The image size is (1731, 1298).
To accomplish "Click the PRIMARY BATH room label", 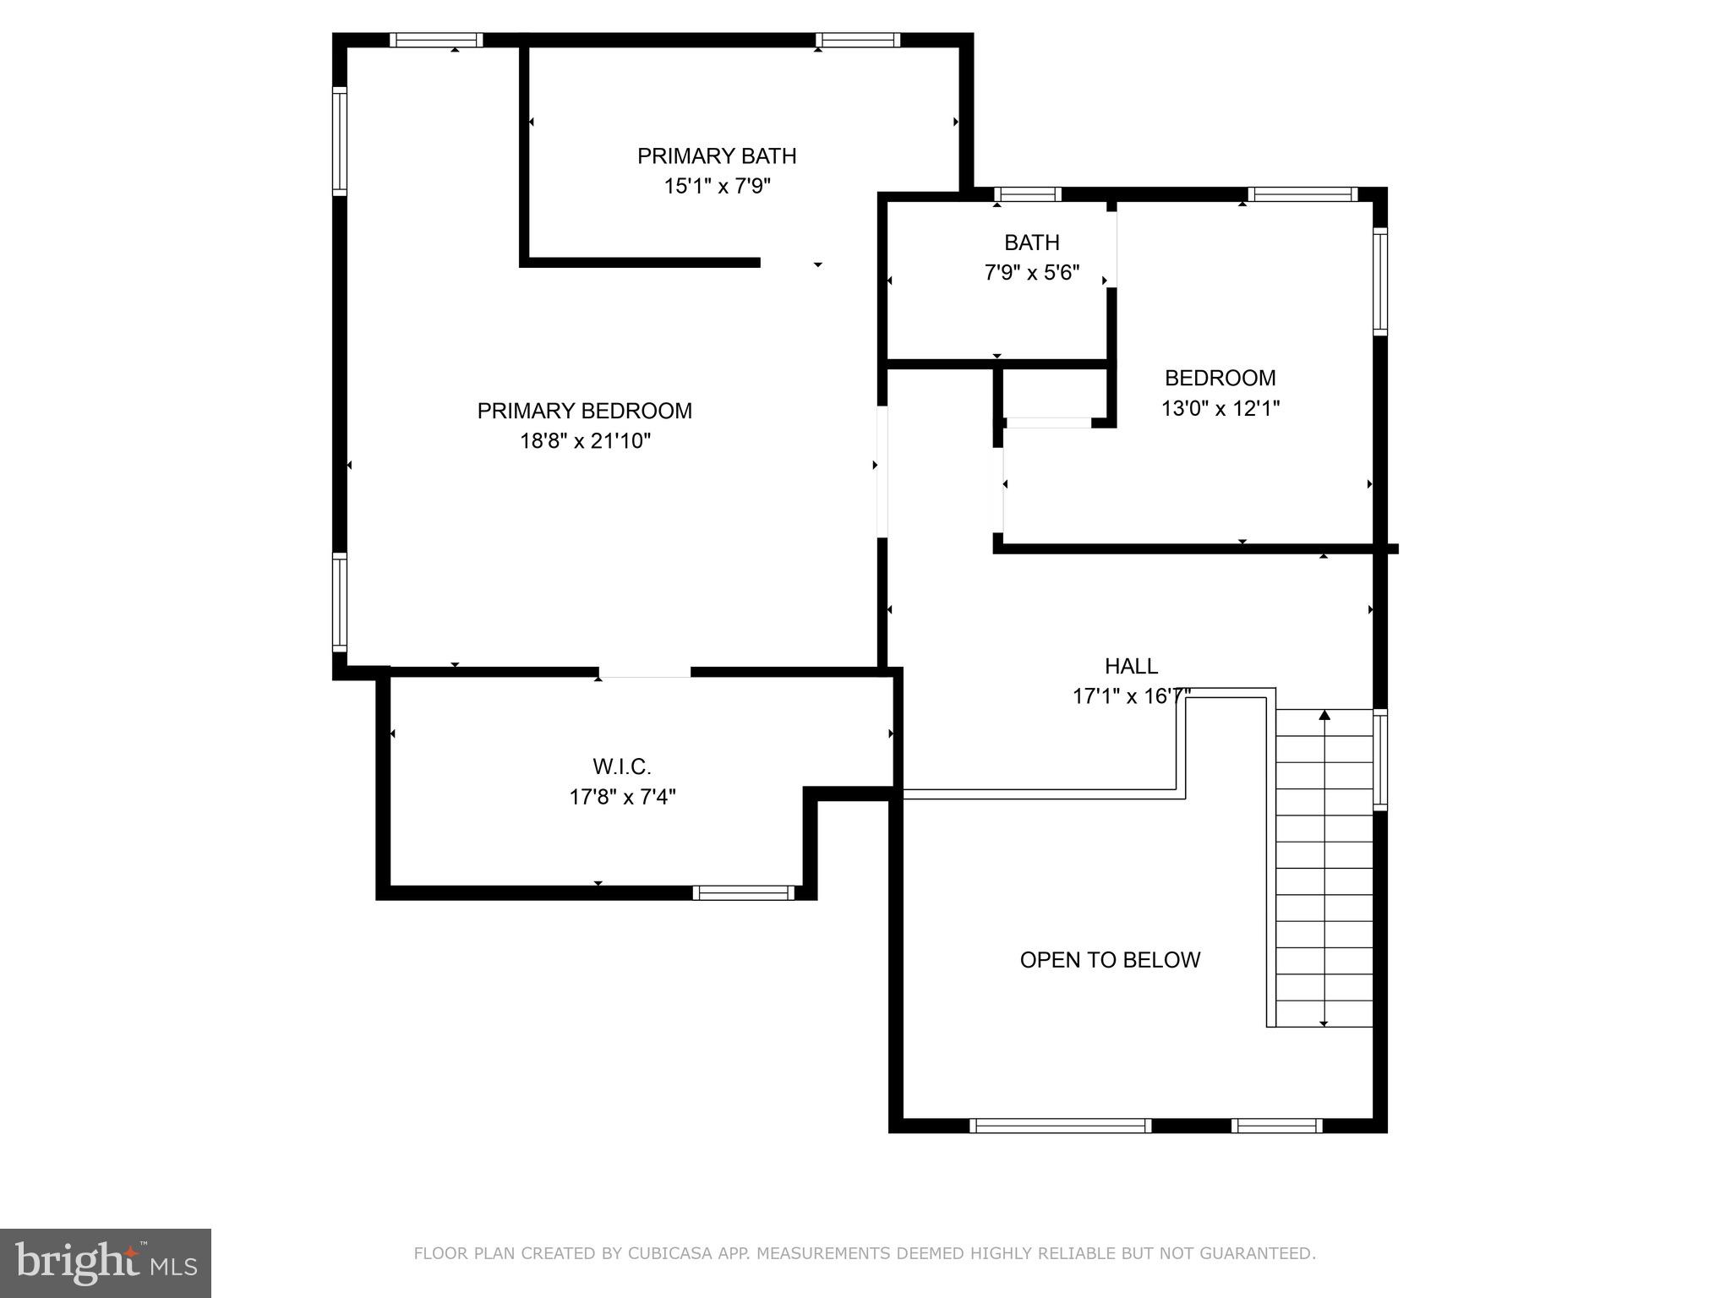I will (x=716, y=156).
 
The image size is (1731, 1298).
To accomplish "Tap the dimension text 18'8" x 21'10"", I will (x=585, y=441).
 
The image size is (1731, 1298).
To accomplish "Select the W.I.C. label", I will (x=621, y=766).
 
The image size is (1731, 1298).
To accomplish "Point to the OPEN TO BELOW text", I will (x=1109, y=960).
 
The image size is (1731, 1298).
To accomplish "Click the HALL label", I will (x=1131, y=666).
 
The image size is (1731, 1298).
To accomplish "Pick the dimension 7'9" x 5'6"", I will (x=1031, y=273).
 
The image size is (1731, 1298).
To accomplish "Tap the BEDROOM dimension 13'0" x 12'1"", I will (x=1220, y=409).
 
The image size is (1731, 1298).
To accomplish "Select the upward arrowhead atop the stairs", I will (x=1324, y=715).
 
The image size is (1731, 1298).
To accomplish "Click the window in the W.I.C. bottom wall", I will (x=743, y=892).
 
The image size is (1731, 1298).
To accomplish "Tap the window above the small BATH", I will (x=1027, y=194).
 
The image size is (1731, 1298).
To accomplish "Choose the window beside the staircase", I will (x=1379, y=759).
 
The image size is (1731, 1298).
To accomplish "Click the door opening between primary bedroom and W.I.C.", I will (x=645, y=673).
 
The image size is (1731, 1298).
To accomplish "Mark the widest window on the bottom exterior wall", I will (x=1060, y=1126).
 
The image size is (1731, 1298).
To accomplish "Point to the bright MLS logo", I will (x=105, y=1263).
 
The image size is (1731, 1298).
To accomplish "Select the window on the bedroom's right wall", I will (x=1379, y=281).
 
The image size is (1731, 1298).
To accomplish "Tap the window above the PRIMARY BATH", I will (x=857, y=40).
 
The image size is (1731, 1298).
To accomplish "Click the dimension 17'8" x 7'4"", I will (x=622, y=797).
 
